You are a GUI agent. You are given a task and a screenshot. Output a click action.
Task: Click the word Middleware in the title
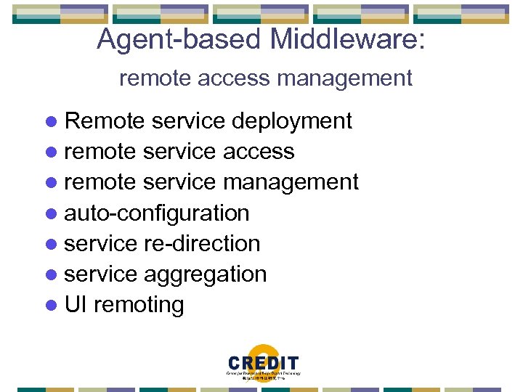[x=347, y=39]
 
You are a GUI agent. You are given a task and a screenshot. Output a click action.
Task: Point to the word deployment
[x=291, y=121]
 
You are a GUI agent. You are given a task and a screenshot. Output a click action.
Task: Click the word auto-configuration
[x=157, y=213]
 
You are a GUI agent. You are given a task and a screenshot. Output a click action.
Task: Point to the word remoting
[x=139, y=305]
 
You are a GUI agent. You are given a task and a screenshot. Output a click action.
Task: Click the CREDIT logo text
[x=262, y=364]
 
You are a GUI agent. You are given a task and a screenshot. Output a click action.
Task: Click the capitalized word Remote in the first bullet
[x=105, y=121]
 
